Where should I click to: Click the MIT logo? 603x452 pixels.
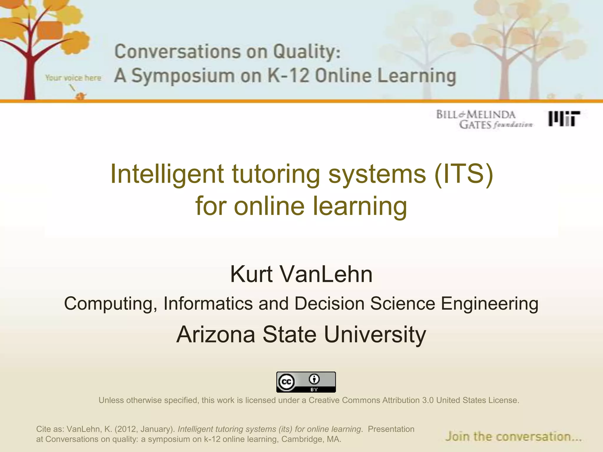coord(564,119)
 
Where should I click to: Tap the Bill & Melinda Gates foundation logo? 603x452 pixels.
coord(484,119)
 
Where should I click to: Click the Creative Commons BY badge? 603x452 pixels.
coord(306,382)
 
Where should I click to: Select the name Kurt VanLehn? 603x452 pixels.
coord(301,274)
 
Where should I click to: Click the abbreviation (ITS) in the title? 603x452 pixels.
coord(463,174)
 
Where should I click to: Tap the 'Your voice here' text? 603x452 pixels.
coord(73,78)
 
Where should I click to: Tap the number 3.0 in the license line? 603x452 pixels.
coord(428,400)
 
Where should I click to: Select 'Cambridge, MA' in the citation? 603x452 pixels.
coord(311,439)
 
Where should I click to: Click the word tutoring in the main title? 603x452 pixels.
coord(276,174)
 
